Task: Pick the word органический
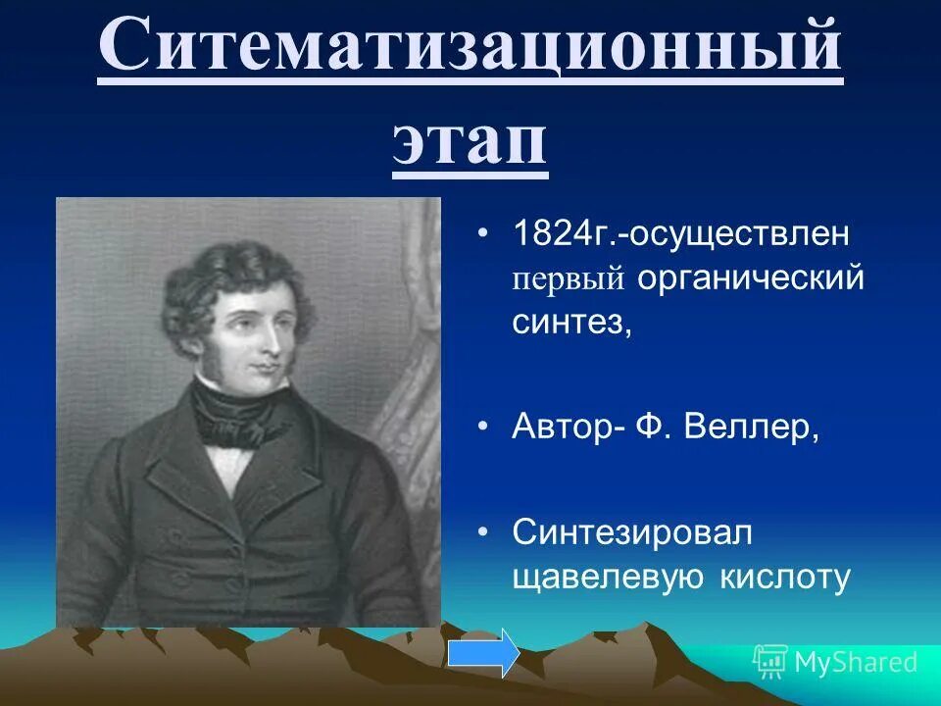click(x=751, y=278)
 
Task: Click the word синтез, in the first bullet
click(x=572, y=323)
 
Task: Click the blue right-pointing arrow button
click(x=483, y=653)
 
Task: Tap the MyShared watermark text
click(x=855, y=662)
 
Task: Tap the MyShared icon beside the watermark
click(x=769, y=662)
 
